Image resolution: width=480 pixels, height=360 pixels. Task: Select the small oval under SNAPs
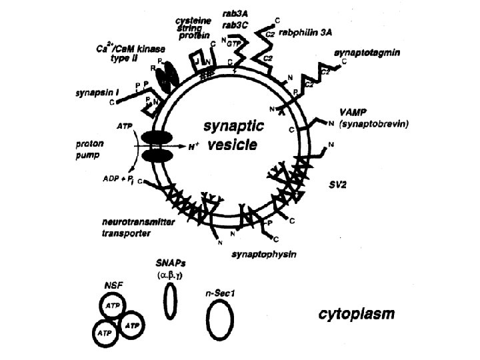click(x=171, y=301)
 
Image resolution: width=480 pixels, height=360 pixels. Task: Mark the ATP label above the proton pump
click(x=125, y=125)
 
